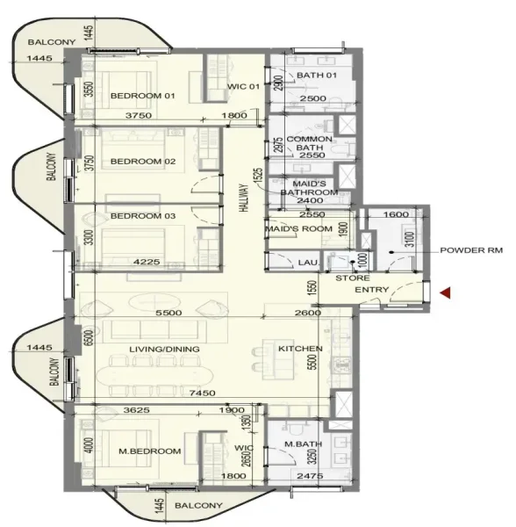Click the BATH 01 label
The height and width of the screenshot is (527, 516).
tap(312, 76)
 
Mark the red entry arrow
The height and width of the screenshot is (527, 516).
tap(446, 293)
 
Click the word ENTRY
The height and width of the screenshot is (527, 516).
tap(371, 290)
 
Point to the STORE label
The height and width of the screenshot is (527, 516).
tap(352, 278)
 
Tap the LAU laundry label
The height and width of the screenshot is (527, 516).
tap(306, 262)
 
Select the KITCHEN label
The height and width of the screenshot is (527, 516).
tap(300, 349)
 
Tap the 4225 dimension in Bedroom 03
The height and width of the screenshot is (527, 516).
tap(143, 260)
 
